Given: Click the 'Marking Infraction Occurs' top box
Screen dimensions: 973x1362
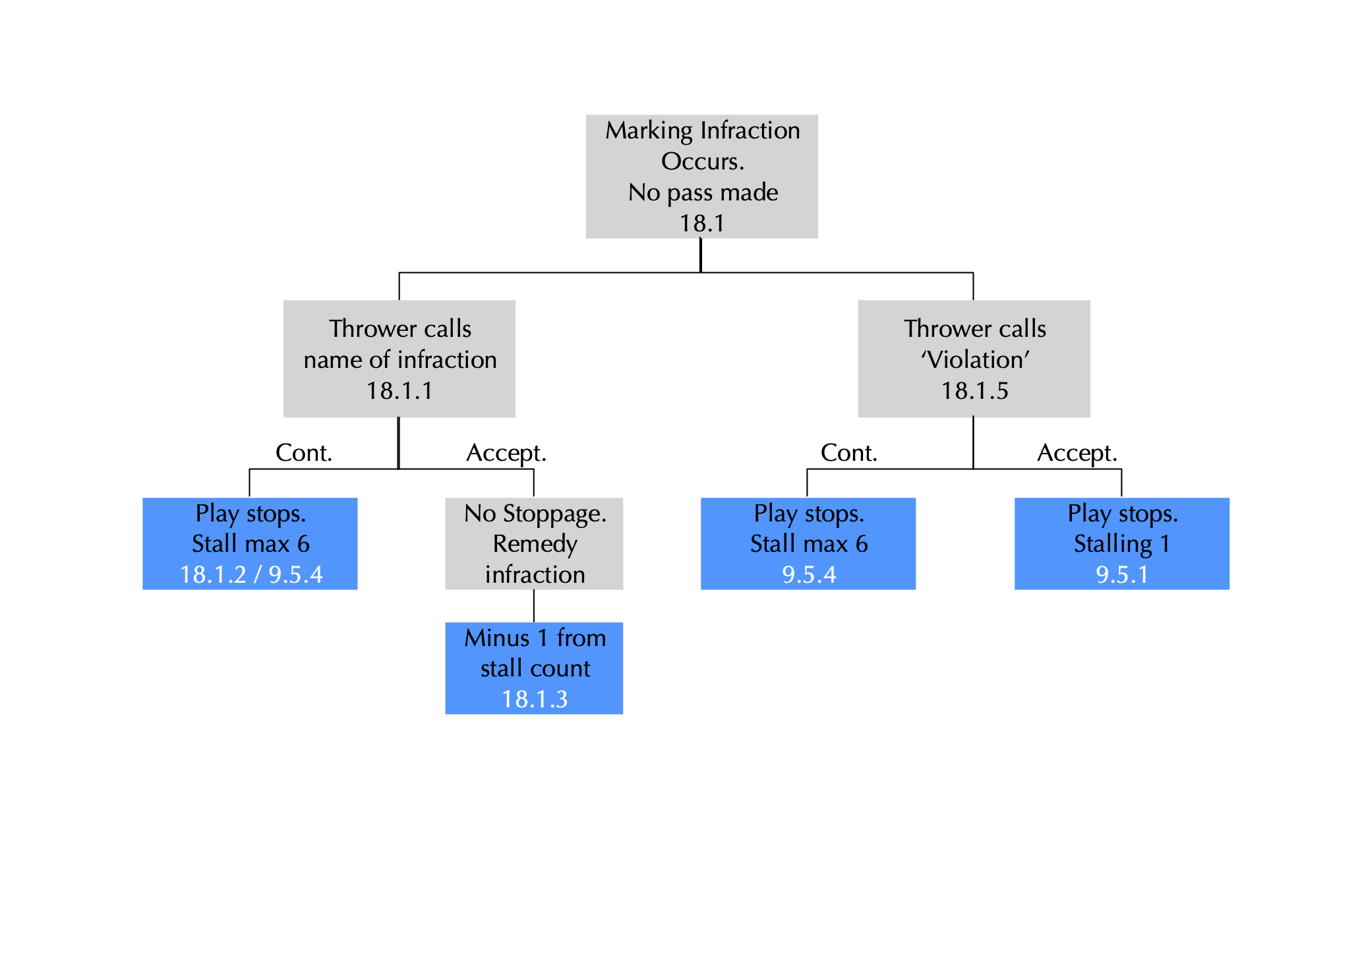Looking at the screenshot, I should (701, 176).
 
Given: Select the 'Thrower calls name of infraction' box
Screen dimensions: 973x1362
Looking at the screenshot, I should (399, 358).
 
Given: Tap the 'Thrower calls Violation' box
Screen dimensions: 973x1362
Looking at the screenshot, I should (973, 358).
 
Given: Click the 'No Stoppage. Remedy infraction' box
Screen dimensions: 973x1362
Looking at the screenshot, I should (533, 543).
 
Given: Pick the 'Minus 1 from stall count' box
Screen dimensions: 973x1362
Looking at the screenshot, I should (533, 668).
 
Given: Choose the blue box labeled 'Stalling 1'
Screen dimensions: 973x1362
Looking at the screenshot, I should (1121, 543).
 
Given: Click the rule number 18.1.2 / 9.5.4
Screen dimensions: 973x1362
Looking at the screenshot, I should (251, 575).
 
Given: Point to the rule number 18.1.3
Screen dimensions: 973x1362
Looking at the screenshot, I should (534, 699).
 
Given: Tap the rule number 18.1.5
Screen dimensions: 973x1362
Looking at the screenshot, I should (974, 391).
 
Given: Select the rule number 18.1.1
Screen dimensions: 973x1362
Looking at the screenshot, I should (400, 391).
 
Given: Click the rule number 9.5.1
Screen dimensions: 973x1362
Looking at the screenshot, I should (1121, 575).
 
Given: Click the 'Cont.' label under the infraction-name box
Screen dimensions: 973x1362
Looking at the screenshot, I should (303, 453).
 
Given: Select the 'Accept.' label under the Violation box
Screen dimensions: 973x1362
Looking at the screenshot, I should (1077, 453).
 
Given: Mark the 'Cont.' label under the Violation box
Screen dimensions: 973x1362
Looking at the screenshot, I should (848, 453).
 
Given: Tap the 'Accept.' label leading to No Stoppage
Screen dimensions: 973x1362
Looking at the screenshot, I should (506, 453).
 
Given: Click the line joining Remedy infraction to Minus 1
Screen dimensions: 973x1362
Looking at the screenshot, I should (533, 606).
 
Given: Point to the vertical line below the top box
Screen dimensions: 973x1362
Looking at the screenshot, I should (700, 255).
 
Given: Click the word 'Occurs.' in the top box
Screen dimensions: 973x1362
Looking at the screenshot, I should (702, 162).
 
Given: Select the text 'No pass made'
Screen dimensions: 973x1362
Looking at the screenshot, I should (703, 192).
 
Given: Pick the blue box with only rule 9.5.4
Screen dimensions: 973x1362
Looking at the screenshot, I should (808, 543).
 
